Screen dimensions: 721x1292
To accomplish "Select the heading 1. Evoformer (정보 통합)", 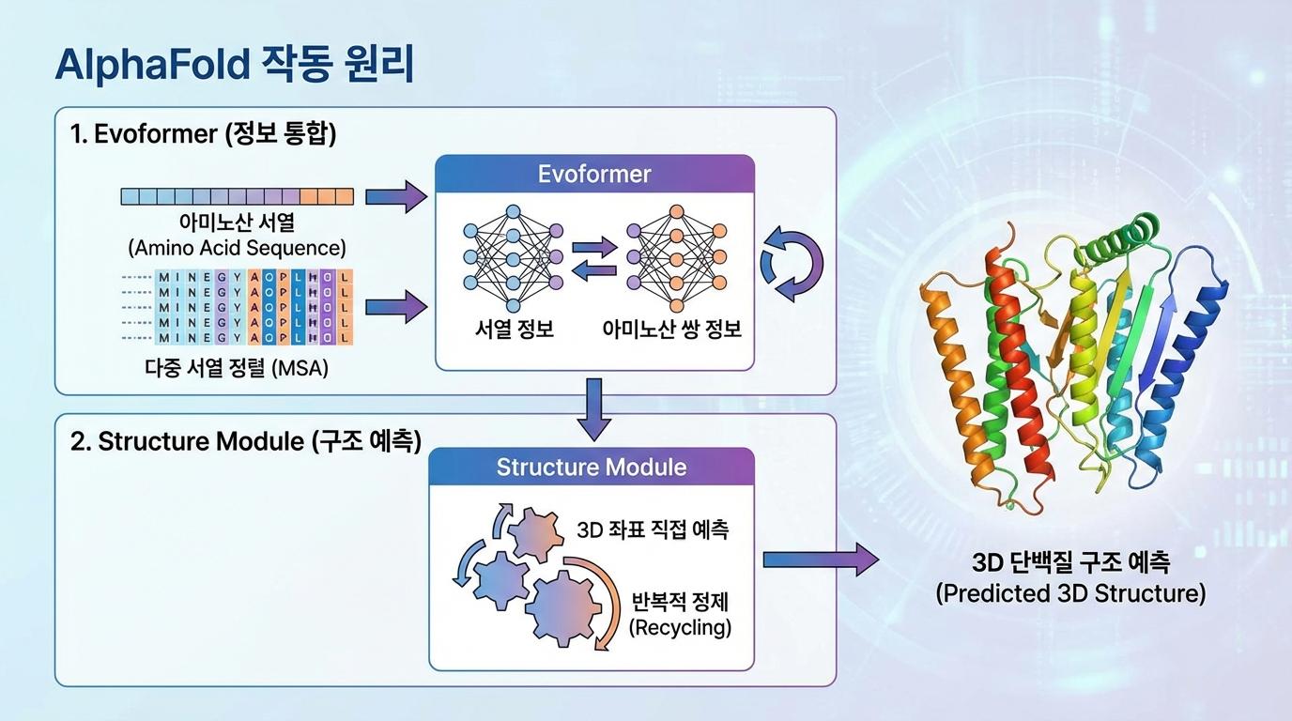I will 203,134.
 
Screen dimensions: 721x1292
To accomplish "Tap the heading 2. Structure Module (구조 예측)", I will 245,441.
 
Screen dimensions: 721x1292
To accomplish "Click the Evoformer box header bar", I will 594,174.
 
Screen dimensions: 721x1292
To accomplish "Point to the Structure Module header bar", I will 592,467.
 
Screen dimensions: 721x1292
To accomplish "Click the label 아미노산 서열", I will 237,224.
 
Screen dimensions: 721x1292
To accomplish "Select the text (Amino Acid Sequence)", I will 237,249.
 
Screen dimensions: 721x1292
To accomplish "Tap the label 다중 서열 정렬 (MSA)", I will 237,368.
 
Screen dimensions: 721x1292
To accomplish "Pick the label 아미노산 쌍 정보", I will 671,329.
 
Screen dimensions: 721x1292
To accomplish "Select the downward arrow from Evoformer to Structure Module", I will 593,409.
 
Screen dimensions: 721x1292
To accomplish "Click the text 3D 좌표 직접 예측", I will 652,529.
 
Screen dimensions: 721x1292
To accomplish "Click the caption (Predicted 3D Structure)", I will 1070,593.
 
